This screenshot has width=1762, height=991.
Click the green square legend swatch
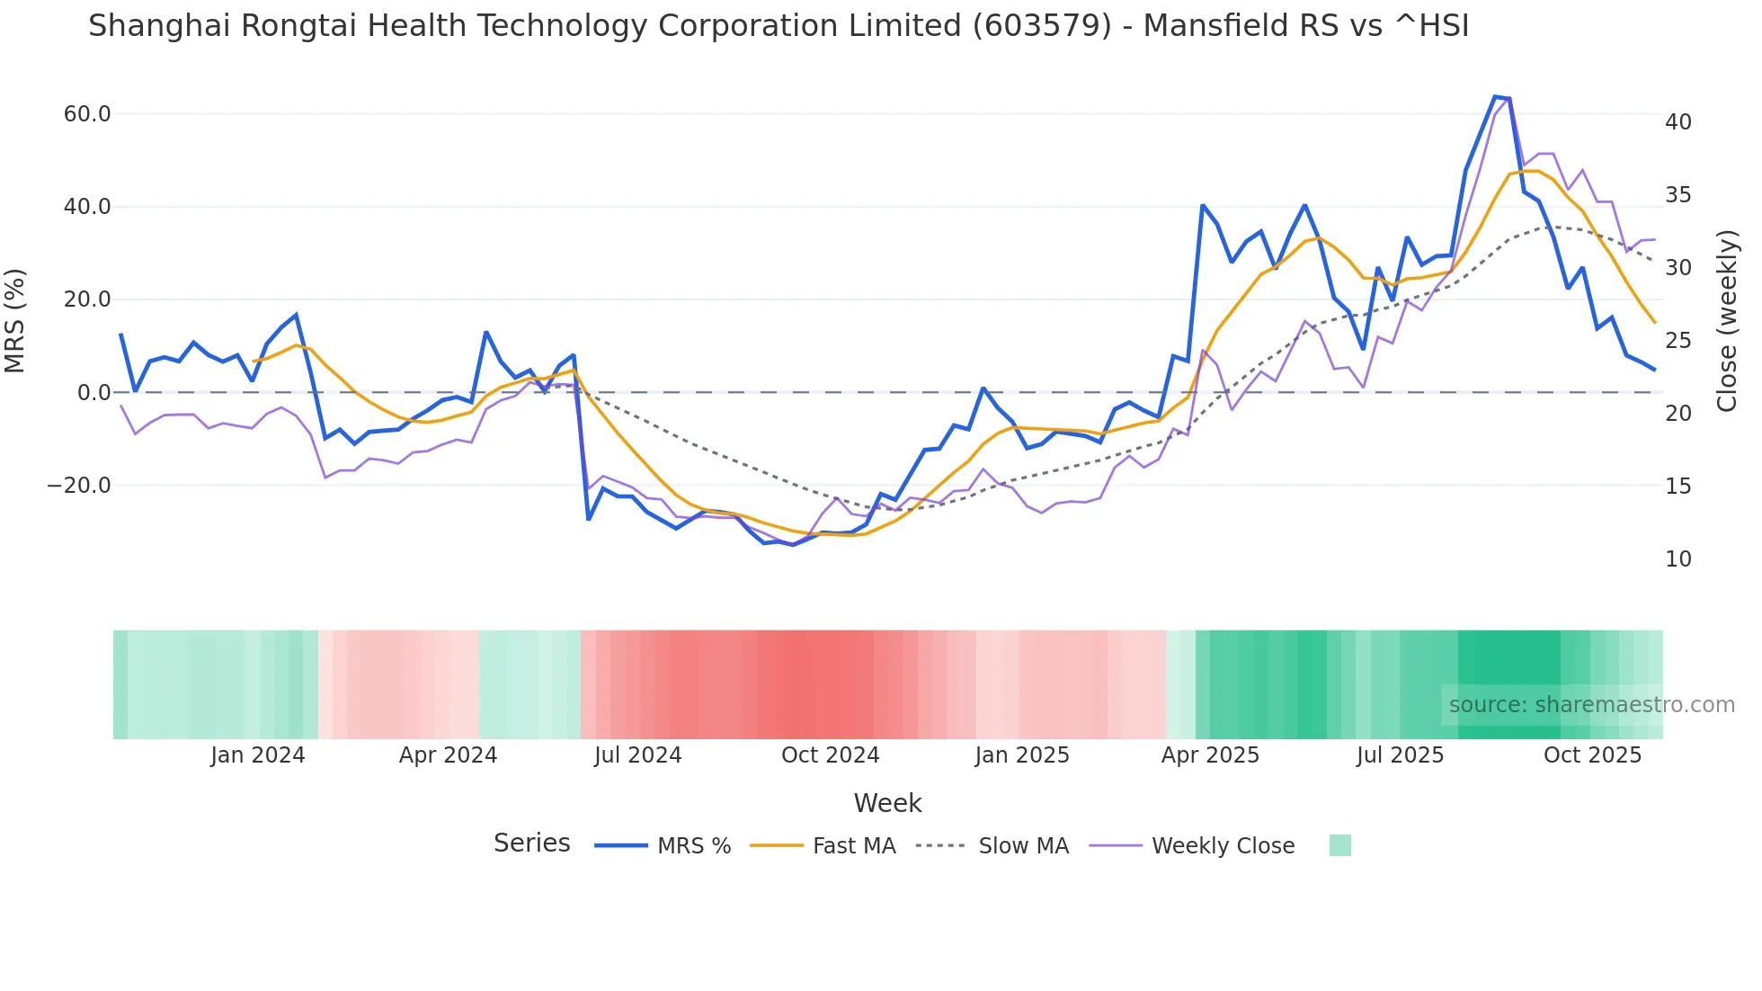point(1339,845)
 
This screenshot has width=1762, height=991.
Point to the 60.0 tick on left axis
point(87,114)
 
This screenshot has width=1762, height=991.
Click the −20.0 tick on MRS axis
point(79,486)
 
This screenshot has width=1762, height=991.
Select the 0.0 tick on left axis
point(93,393)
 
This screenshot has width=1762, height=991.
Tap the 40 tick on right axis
point(1678,122)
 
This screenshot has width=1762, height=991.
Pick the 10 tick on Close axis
point(1678,559)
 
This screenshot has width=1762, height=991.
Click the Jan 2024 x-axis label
point(258,755)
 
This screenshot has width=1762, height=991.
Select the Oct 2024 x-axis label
point(830,755)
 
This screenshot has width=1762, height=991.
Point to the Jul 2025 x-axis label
point(1400,755)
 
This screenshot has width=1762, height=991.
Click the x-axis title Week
point(887,803)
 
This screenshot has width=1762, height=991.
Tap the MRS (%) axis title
point(15,320)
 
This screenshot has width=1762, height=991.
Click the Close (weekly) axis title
point(1726,321)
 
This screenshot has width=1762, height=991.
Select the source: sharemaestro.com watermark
point(1591,705)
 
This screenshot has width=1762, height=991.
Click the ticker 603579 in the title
point(1042,26)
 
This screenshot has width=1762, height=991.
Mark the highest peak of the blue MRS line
point(1495,96)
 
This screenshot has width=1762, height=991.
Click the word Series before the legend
point(531,844)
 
